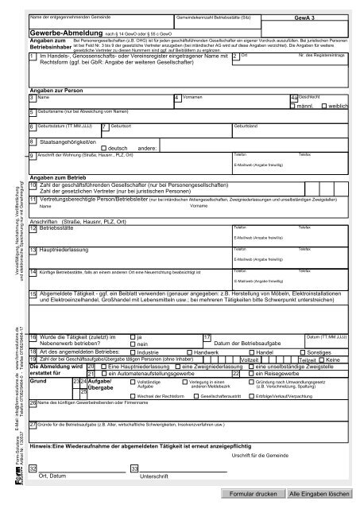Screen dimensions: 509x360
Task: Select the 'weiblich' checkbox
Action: click(323, 105)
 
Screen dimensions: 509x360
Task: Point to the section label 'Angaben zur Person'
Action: click(56, 91)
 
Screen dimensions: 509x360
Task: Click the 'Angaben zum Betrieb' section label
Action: click(57, 177)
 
